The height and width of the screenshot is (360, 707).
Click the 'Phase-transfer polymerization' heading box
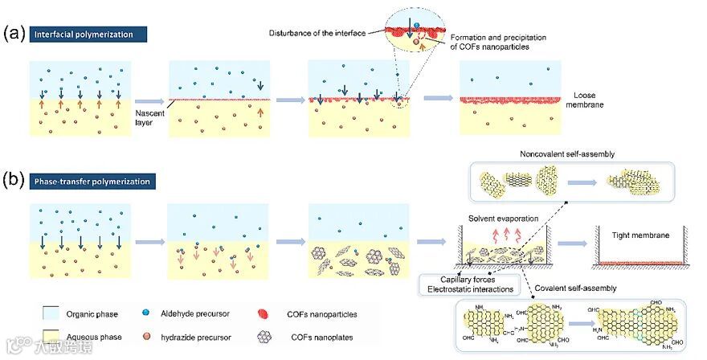click(91, 182)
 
